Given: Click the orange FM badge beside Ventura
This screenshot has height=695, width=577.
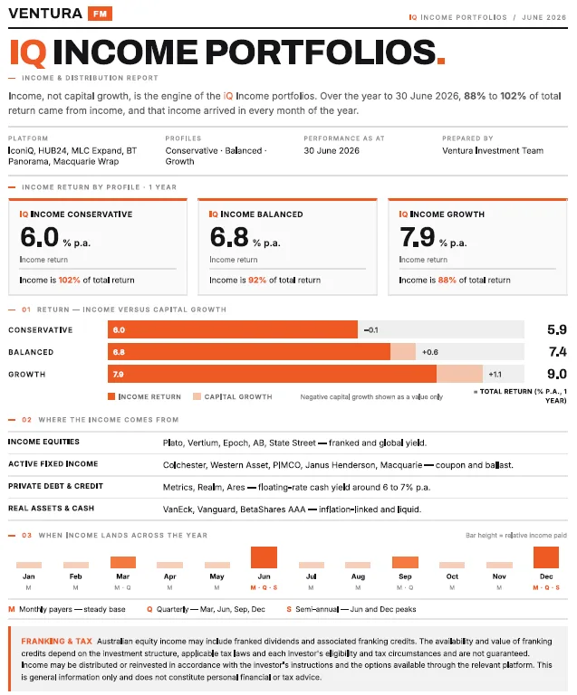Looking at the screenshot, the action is coord(100,14).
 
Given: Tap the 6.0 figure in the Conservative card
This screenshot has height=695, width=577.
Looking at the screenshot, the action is coord(40,237).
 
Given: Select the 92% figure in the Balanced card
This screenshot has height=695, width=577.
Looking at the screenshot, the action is coord(257,281).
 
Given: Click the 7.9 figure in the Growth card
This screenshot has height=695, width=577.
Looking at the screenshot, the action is coord(418,237).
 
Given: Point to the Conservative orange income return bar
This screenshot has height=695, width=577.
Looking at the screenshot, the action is coord(233,329).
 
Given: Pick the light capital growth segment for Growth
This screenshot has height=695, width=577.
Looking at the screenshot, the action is coord(459,374).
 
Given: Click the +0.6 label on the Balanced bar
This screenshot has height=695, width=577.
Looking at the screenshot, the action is coord(430,352).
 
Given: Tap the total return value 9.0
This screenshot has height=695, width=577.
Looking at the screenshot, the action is coord(557,374).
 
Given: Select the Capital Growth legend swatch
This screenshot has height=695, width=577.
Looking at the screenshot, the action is coord(197,396).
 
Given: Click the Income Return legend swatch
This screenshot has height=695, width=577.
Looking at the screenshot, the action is coord(111,396).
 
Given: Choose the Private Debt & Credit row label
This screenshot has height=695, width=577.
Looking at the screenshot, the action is coord(55,486).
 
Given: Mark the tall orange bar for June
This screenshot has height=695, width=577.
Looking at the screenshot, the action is coord(264,557).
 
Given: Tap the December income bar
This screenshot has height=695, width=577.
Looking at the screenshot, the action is coord(546,557).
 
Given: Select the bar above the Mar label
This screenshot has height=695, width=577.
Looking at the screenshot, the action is coord(123,562).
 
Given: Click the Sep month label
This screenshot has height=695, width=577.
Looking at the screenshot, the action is coord(405,576).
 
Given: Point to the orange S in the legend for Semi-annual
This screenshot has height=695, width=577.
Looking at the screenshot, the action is coord(289,609).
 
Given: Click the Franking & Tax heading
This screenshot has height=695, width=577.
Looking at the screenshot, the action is coord(57,641).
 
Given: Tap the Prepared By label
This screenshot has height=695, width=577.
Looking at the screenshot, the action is coord(467,138).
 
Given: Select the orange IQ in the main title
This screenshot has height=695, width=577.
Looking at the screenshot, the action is coord(28,52).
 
